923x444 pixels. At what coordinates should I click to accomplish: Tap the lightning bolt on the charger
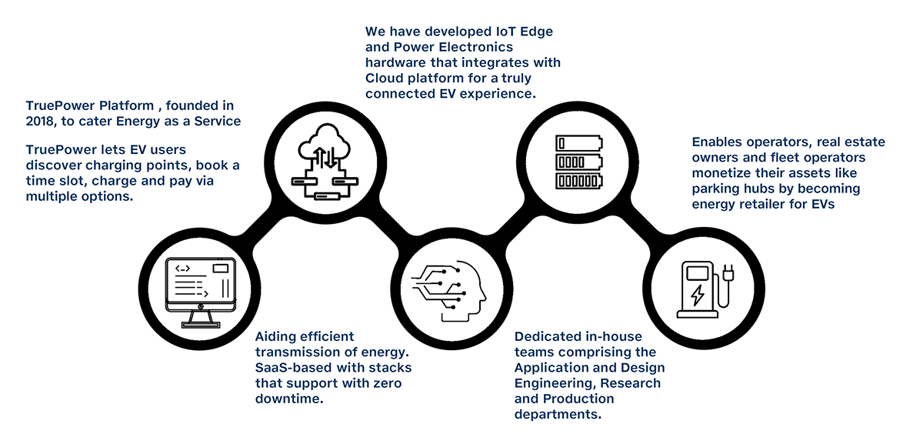point(697,295)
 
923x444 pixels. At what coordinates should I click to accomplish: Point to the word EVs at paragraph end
point(821,204)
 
